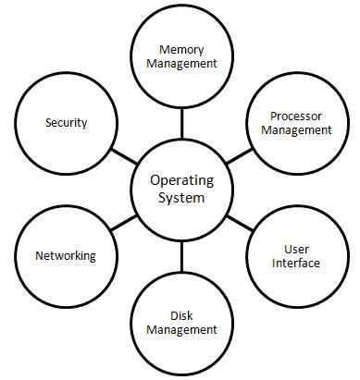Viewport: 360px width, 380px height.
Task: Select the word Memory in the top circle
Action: [181, 48]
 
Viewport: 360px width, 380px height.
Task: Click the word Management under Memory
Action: [181, 64]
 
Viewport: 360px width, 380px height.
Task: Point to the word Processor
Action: [296, 116]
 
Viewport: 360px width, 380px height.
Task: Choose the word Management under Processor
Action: [296, 130]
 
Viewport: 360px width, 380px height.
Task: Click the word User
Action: [296, 250]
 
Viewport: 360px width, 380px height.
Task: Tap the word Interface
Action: [296, 264]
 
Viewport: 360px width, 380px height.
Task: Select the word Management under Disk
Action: [181, 328]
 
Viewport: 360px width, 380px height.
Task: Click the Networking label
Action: [65, 256]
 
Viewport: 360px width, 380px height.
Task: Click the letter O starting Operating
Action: [154, 180]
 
